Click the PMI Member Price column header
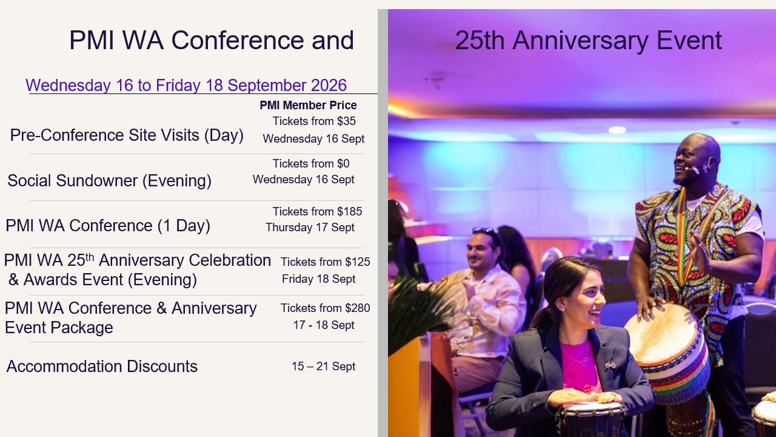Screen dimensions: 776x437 pyautogui.click(x=308, y=105)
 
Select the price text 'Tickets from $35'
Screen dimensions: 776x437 pyautogui.click(x=314, y=121)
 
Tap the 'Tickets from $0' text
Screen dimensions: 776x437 pyautogui.click(x=311, y=163)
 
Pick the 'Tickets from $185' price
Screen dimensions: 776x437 pyautogui.click(x=317, y=211)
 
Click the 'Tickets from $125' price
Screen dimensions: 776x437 pyautogui.click(x=325, y=262)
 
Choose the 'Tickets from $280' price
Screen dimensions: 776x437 pyautogui.click(x=325, y=308)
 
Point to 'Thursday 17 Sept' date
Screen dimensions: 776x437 pyautogui.click(x=310, y=228)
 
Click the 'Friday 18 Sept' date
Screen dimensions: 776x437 pyautogui.click(x=318, y=279)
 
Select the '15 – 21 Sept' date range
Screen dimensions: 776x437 pyautogui.click(x=323, y=366)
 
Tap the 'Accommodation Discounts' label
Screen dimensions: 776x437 pyautogui.click(x=102, y=366)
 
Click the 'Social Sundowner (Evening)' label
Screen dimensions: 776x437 pyautogui.click(x=109, y=181)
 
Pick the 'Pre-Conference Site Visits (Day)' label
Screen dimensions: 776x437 pyautogui.click(x=127, y=135)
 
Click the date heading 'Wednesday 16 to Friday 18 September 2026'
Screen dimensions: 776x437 pyautogui.click(x=186, y=86)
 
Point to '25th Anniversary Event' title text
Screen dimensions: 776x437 pyautogui.click(x=588, y=41)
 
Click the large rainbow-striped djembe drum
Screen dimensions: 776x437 pyautogui.click(x=667, y=354)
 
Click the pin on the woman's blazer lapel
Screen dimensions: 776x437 pyautogui.click(x=610, y=365)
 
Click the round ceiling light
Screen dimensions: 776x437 pyautogui.click(x=617, y=130)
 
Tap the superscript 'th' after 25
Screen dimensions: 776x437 pyautogui.click(x=89, y=257)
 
